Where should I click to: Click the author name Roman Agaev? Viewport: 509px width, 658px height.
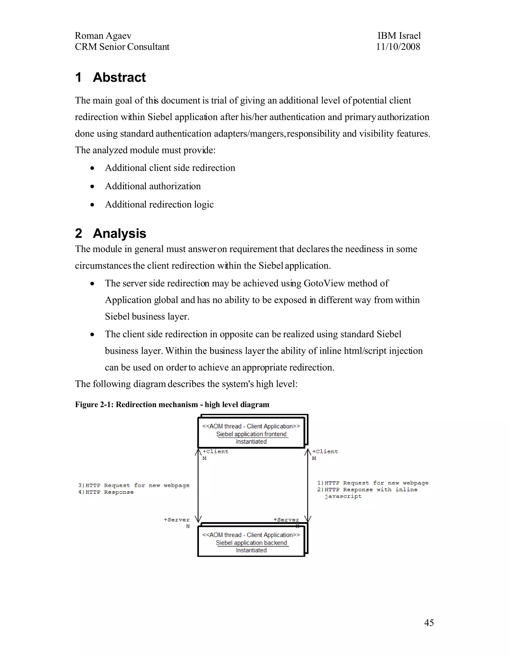(x=103, y=36)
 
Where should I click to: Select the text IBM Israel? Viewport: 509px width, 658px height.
(x=399, y=36)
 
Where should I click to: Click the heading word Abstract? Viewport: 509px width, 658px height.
(x=119, y=77)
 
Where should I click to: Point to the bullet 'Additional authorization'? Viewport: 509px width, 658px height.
(x=153, y=186)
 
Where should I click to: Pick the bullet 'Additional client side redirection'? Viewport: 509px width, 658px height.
(x=170, y=168)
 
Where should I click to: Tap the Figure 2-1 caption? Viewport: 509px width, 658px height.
(x=172, y=405)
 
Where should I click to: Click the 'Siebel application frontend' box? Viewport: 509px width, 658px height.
(x=251, y=434)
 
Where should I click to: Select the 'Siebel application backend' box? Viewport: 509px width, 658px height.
(x=251, y=543)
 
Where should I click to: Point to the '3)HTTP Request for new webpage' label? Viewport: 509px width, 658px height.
(x=134, y=485)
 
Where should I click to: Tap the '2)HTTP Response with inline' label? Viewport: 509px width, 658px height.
(x=367, y=490)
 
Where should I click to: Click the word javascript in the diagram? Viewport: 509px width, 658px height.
(x=343, y=496)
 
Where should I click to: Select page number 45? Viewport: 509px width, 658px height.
(x=428, y=623)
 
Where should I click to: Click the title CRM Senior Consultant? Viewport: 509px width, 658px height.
(x=122, y=47)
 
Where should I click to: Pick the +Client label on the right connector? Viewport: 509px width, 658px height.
(x=325, y=451)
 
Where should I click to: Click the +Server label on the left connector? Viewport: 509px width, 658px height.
(x=176, y=520)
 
